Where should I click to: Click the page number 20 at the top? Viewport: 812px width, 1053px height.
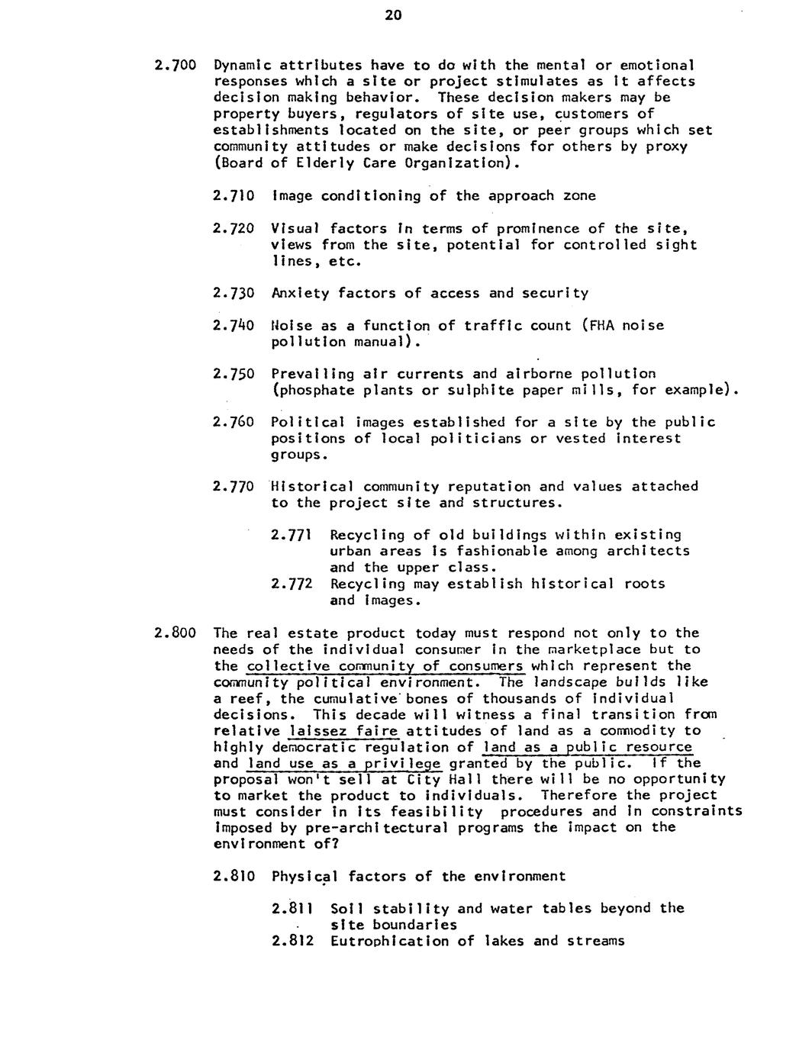(393, 16)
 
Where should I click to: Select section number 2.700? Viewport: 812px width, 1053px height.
(176, 66)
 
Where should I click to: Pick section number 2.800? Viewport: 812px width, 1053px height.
(176, 633)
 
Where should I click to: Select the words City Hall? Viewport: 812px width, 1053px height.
(435, 780)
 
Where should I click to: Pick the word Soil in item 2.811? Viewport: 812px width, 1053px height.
(346, 908)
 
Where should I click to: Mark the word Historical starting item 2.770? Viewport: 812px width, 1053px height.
(313, 487)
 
